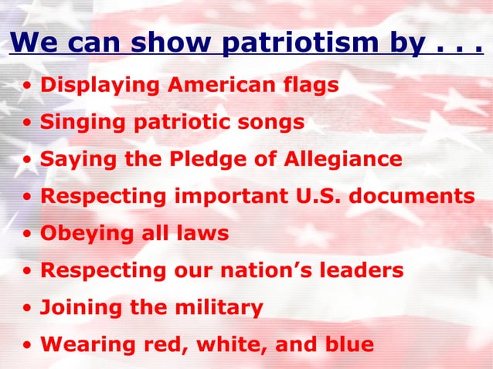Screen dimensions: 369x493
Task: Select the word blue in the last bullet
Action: pos(347,344)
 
